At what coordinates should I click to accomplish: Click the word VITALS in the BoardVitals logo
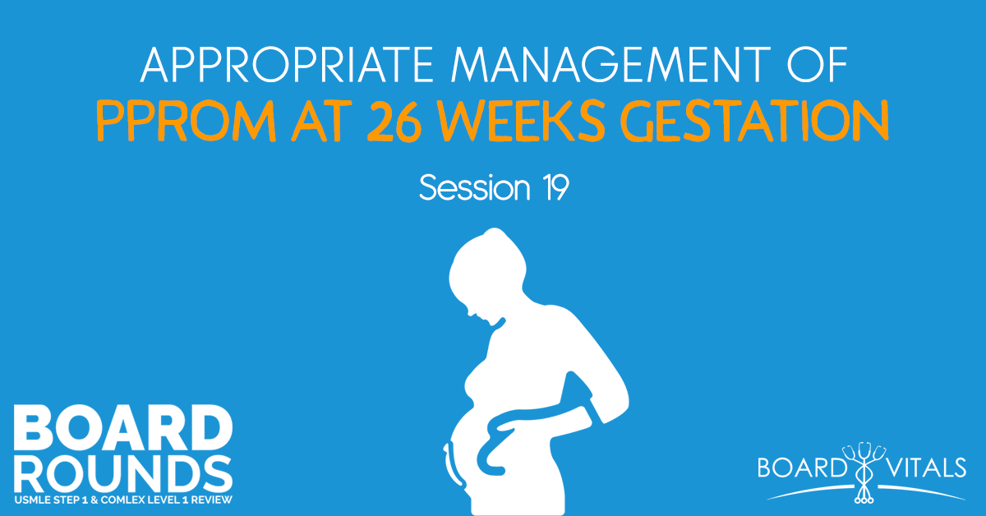pos(921,469)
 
